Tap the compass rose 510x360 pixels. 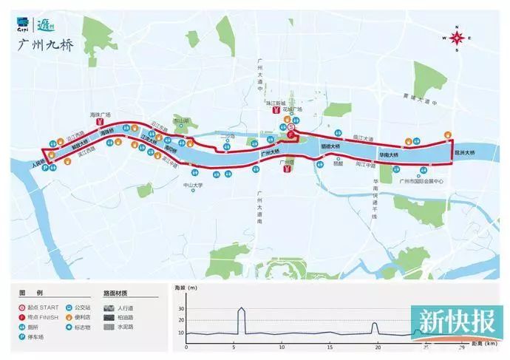(458, 38)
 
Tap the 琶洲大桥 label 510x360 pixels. (465, 154)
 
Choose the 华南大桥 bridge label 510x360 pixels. (388, 156)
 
